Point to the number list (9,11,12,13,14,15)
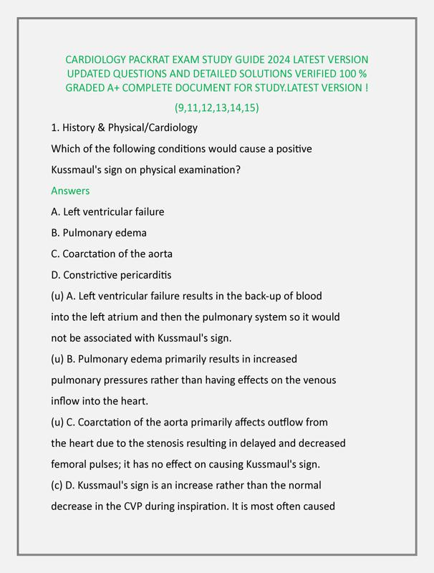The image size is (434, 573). [217, 108]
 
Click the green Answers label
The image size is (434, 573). [70, 191]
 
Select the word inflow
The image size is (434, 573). [67, 401]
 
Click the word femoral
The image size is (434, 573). [70, 464]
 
